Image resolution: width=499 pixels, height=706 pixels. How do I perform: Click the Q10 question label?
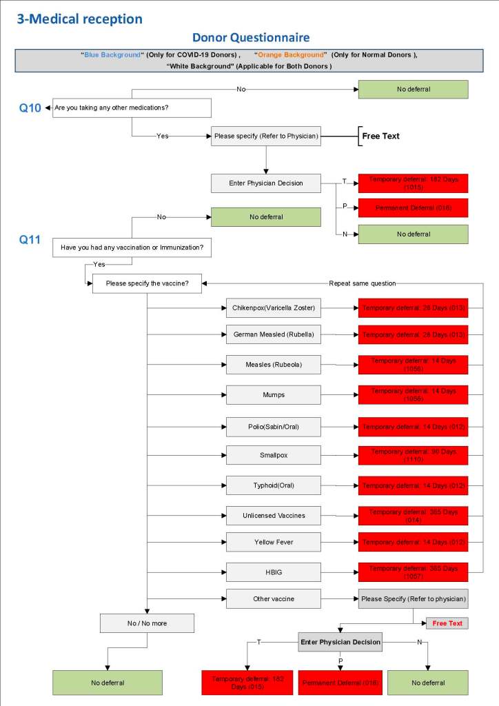click(x=30, y=108)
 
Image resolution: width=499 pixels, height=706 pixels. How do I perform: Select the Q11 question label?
click(x=30, y=240)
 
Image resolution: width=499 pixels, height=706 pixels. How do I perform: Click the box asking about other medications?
click(x=132, y=108)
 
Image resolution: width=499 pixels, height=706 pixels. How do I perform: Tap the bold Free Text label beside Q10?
click(x=380, y=136)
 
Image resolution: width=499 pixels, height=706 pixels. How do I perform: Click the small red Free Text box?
click(x=447, y=623)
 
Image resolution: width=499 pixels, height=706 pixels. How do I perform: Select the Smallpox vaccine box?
click(x=273, y=456)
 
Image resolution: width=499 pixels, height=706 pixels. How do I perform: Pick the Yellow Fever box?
click(x=273, y=542)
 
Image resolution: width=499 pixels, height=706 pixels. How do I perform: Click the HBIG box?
click(x=273, y=572)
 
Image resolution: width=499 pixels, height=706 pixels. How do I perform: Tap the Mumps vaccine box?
click(x=273, y=395)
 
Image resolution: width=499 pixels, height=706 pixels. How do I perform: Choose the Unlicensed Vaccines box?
click(x=273, y=516)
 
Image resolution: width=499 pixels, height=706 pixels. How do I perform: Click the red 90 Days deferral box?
click(x=413, y=456)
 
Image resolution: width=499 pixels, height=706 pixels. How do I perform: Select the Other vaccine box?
click(x=273, y=598)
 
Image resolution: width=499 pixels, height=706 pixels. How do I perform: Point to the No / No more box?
click(x=147, y=623)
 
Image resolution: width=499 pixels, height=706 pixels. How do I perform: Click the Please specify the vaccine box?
click(x=146, y=283)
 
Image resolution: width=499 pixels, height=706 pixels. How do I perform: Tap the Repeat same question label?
click(x=362, y=283)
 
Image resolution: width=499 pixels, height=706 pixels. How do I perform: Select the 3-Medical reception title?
click(x=79, y=19)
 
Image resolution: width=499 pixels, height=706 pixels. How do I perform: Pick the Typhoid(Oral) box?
click(x=273, y=485)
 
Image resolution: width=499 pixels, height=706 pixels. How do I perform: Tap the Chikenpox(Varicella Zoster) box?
click(x=273, y=307)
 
